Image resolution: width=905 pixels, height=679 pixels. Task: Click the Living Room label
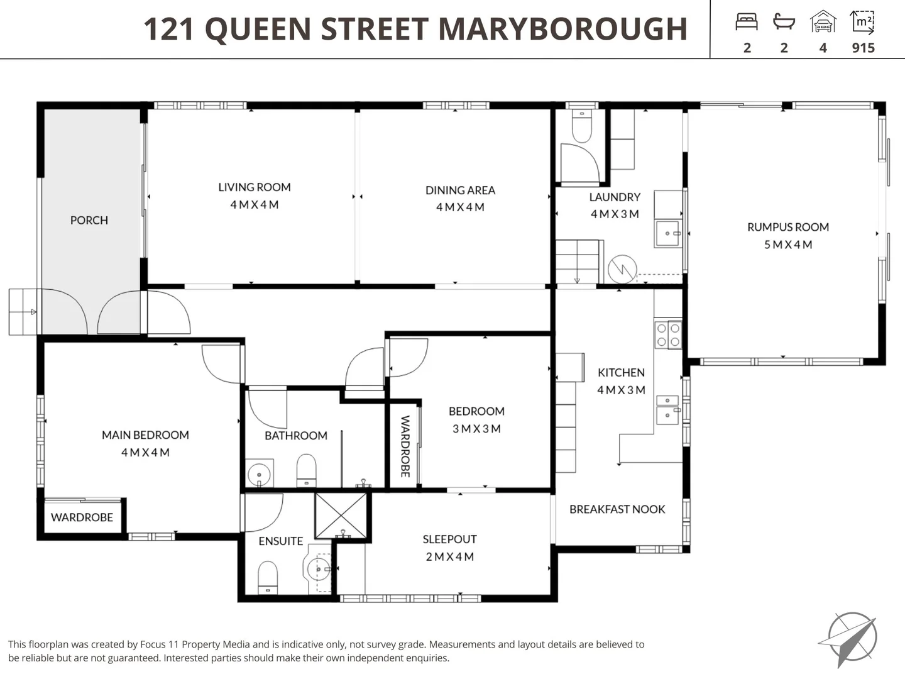[x=255, y=187]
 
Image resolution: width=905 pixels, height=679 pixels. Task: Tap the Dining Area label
[x=460, y=190]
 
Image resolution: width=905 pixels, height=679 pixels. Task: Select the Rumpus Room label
[x=788, y=228]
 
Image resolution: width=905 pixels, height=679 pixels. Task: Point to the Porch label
[x=89, y=221]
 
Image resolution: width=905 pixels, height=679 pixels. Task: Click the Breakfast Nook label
[x=617, y=509]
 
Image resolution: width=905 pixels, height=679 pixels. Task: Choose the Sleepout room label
[x=449, y=539]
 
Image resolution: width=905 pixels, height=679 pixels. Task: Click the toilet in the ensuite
[x=268, y=577]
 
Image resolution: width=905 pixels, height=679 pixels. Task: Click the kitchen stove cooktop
[x=668, y=335]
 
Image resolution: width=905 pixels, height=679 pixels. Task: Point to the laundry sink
[x=667, y=233]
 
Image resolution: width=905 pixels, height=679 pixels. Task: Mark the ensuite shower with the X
[x=341, y=516]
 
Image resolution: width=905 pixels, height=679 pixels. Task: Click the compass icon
[x=850, y=638]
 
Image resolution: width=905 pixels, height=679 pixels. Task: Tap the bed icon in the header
[x=747, y=23]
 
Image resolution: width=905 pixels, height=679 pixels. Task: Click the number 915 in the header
[x=863, y=48]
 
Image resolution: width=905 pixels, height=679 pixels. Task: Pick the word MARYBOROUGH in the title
[x=562, y=30]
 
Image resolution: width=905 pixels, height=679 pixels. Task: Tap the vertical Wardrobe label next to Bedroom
[x=405, y=446]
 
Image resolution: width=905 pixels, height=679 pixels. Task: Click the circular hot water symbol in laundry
[x=622, y=269]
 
